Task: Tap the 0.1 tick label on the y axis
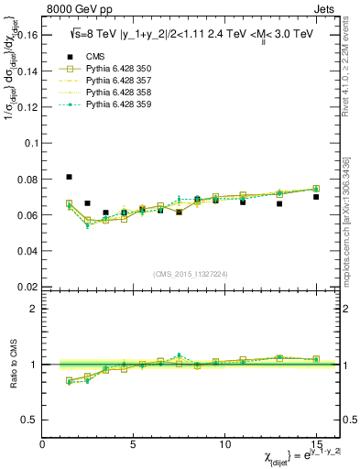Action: tap(30, 144)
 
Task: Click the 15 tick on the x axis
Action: tap(316, 443)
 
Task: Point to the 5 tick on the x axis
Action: tap(134, 443)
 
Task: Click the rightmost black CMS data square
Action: tap(316, 197)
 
